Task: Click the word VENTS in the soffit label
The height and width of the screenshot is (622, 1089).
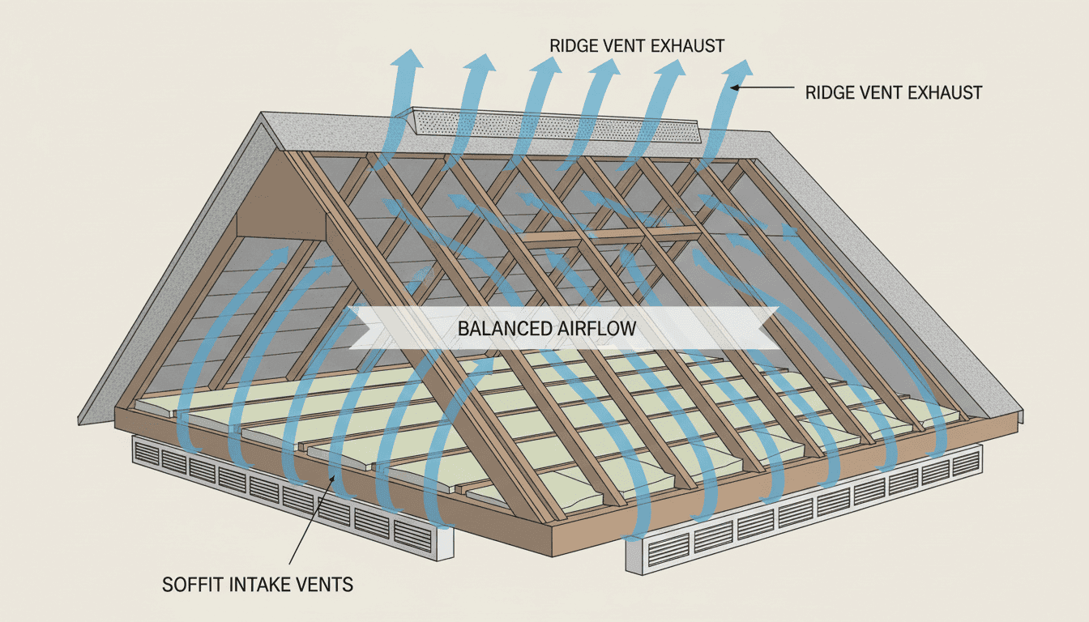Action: [x=324, y=584]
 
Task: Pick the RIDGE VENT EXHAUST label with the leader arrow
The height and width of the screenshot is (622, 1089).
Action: [x=894, y=92]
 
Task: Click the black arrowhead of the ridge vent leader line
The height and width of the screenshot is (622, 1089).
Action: [x=734, y=87]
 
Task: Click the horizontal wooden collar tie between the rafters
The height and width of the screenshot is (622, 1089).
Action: [x=608, y=236]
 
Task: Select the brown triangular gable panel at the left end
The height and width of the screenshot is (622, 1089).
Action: [x=284, y=202]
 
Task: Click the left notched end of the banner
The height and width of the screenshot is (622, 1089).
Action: [x=357, y=328]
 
